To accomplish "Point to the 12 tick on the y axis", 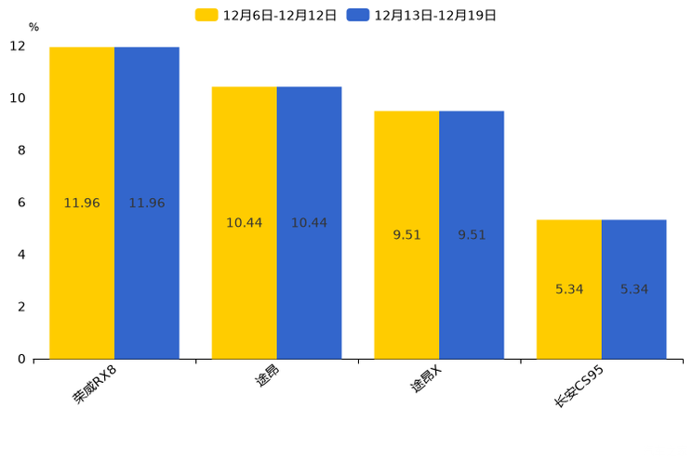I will (19, 46).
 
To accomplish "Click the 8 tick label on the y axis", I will (21, 151).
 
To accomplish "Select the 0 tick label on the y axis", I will (21, 359).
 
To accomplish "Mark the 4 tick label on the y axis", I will (21, 255).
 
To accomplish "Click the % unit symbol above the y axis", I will (33, 28).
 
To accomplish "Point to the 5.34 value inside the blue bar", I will (634, 289).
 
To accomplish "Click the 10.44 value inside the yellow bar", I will (244, 223).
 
